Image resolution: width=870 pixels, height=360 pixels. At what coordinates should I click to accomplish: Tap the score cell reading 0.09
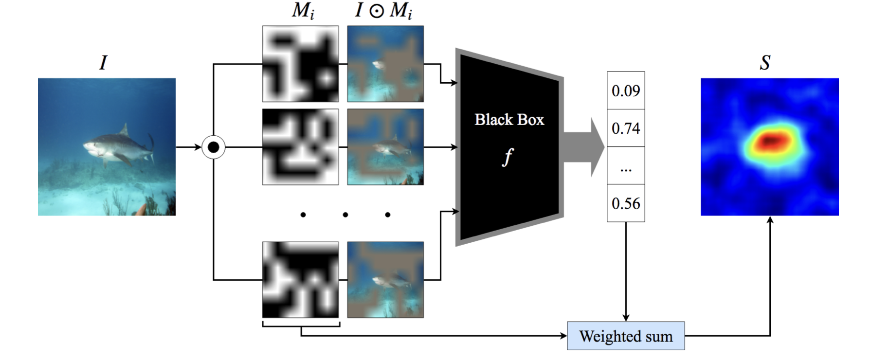tap(626, 90)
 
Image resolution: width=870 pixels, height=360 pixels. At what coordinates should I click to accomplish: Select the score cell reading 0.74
tap(626, 128)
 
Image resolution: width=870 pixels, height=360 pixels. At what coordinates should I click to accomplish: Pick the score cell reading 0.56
tap(626, 203)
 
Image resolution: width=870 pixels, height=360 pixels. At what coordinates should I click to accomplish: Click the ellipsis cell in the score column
tap(626, 165)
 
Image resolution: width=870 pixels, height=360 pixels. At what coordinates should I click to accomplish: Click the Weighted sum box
tap(626, 336)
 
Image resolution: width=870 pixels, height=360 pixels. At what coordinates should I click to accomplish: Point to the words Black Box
tap(509, 120)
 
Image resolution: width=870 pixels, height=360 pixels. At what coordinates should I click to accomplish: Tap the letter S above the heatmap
tap(765, 63)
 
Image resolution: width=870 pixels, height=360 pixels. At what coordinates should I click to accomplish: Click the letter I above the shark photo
tap(103, 63)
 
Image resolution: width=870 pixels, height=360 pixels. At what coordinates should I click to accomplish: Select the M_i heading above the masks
tap(303, 11)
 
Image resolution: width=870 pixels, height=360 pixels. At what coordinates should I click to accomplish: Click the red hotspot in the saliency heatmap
tap(769, 141)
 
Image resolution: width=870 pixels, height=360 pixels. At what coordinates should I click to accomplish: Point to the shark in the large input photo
tap(119, 145)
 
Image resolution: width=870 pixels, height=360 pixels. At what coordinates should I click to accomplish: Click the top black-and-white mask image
tap(300, 64)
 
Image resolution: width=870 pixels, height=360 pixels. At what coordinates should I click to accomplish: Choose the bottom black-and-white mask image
tap(300, 280)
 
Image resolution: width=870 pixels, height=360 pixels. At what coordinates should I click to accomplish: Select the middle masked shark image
tap(385, 147)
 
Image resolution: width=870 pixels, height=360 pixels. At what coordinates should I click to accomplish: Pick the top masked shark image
tap(385, 64)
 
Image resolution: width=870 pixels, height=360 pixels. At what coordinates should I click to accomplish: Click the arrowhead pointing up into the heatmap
tap(770, 219)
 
